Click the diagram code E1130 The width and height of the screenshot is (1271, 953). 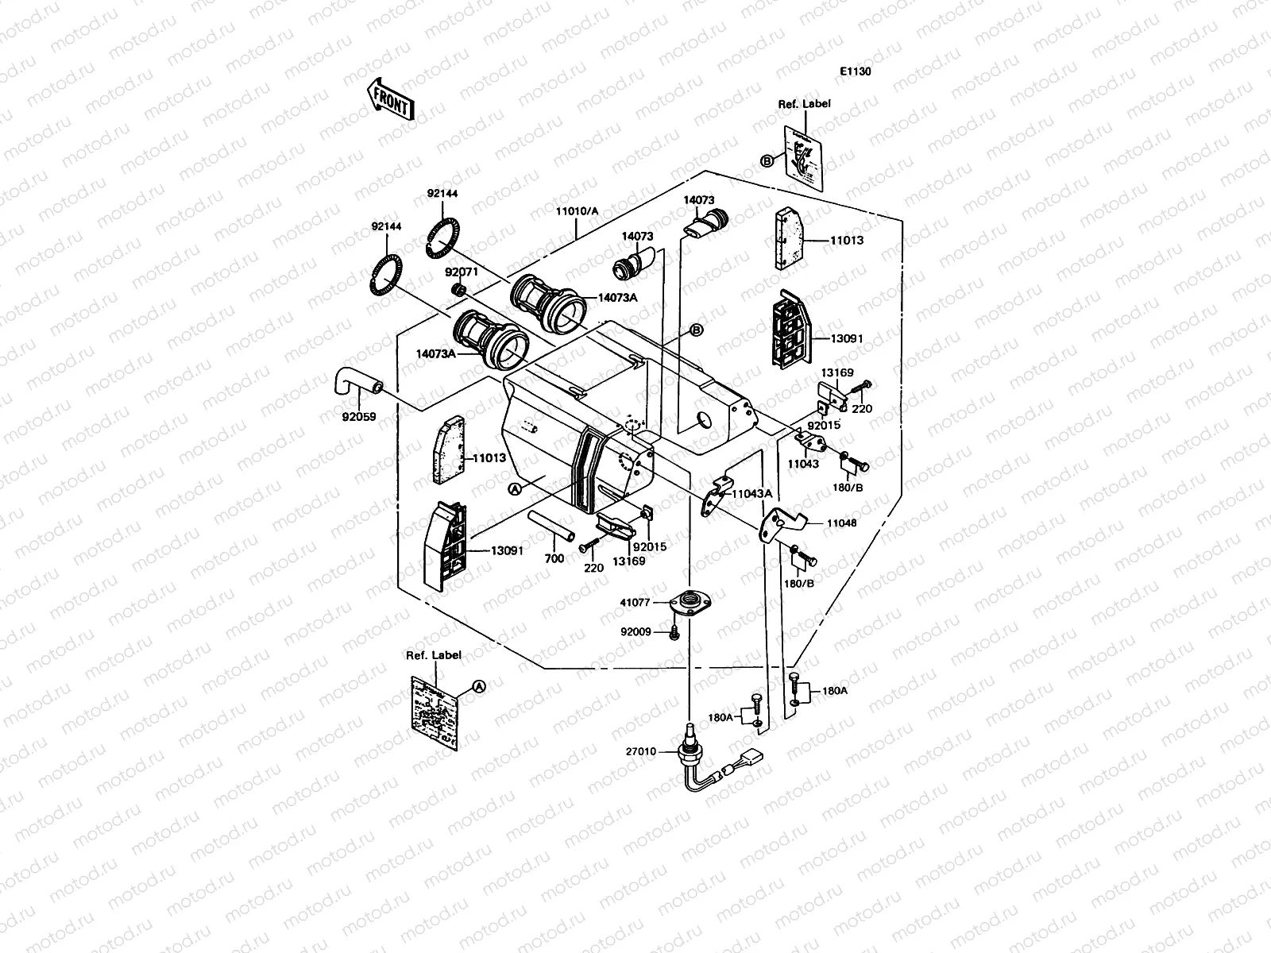pyautogui.click(x=856, y=71)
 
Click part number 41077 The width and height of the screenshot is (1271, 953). pyautogui.click(x=635, y=602)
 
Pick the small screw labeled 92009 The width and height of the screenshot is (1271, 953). pyautogui.click(x=674, y=632)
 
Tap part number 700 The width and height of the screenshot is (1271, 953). pyautogui.click(x=554, y=558)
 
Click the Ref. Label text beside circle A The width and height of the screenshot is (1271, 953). pyautogui.click(x=434, y=655)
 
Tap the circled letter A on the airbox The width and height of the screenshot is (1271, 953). pyautogui.click(x=515, y=490)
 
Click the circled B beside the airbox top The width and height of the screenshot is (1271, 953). pyautogui.click(x=696, y=330)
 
